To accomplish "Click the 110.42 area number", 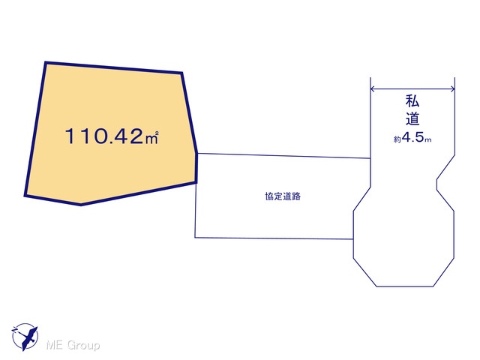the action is point(104,136).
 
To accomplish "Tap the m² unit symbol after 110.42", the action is point(151,137).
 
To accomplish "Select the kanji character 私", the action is point(412,101).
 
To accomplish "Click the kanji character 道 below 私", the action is point(412,118).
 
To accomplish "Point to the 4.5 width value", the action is point(413,138).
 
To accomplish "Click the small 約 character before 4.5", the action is point(397,139).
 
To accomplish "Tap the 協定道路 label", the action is point(283,196).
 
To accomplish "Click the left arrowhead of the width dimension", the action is point(373,89).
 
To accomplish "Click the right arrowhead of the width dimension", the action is point(452,89).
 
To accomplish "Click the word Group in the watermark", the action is point(83,345).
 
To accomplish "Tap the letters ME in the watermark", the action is point(55,345).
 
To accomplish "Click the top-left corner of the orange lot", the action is point(46,63).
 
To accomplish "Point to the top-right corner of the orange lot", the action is point(181,73).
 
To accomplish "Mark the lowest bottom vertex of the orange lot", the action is point(81,205).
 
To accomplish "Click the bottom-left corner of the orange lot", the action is point(25,195).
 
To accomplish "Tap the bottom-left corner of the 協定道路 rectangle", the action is point(195,237).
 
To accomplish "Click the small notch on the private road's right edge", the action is point(436,184).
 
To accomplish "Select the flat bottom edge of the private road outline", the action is point(405,286).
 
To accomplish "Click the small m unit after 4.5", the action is point(428,140).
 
